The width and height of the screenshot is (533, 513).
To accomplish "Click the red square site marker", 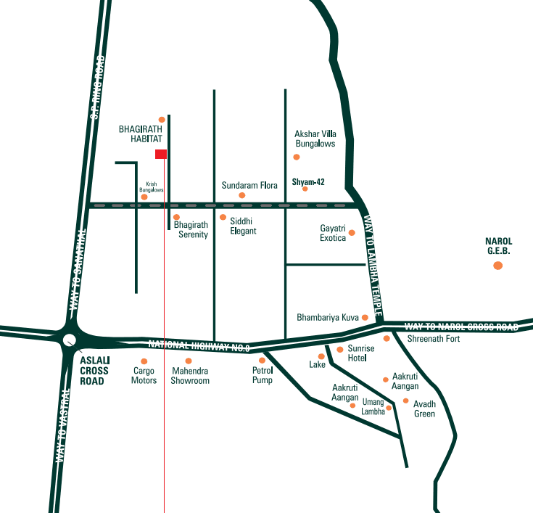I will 161,154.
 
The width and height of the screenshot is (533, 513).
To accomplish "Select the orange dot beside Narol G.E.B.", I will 497,266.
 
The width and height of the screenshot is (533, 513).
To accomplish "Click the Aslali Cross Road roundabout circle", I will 70,340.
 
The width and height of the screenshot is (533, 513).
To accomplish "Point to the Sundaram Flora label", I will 249,186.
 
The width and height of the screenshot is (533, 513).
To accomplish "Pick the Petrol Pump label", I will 262,375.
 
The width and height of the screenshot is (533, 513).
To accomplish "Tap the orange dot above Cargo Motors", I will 144,361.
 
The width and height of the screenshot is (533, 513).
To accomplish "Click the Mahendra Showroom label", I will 190,376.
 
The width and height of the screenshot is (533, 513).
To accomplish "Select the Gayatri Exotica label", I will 333,233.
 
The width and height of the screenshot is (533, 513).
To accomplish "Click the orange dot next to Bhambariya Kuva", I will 365,317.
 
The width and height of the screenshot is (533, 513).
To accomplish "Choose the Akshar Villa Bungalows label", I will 315,139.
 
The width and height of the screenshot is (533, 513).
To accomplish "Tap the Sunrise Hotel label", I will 361,353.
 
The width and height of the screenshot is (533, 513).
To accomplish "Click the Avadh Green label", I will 424,409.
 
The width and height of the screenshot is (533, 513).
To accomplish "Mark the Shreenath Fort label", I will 434,339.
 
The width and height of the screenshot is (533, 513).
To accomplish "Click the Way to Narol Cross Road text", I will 461,327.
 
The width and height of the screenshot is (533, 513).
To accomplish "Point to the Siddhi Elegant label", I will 243,226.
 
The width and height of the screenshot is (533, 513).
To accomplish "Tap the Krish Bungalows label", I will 152,186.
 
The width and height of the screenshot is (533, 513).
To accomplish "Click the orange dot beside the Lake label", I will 321,356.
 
